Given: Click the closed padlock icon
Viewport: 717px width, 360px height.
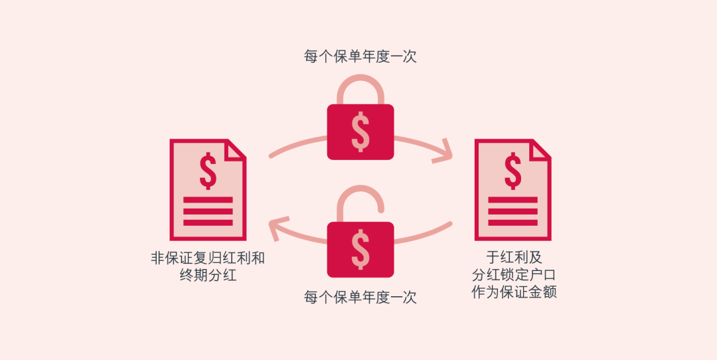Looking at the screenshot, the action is click(360, 117).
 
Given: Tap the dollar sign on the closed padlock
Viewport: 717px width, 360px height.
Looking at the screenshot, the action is click(360, 132).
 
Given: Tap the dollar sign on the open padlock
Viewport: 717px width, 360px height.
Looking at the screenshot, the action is click(360, 250).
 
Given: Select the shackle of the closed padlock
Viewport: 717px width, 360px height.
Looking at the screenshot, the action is click(360, 89).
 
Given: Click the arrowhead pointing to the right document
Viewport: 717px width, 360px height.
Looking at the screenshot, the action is click(443, 151).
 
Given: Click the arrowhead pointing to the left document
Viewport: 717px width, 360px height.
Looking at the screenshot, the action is click(279, 228).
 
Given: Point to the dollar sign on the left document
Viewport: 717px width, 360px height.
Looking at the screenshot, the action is click(208, 171).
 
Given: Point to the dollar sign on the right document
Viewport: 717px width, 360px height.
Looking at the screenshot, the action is click(513, 171).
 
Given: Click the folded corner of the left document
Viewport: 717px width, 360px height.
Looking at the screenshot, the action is click(236, 149).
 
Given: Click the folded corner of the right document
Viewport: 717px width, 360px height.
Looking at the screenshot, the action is click(541, 149).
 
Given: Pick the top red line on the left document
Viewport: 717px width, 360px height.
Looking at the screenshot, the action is click(208, 200).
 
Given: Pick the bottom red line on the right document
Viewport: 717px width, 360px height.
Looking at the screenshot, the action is click(513, 223).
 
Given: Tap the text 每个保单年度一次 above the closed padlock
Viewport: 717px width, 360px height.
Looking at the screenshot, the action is click(360, 56).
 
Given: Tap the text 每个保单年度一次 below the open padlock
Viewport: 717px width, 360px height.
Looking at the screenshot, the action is click(360, 298).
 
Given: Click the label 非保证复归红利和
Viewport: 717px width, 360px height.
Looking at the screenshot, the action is click(208, 258).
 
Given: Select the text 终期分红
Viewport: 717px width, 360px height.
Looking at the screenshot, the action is click(208, 276).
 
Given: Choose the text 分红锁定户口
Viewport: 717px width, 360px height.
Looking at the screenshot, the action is click(514, 275).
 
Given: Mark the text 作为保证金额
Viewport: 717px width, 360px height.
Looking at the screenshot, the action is click(514, 292).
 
